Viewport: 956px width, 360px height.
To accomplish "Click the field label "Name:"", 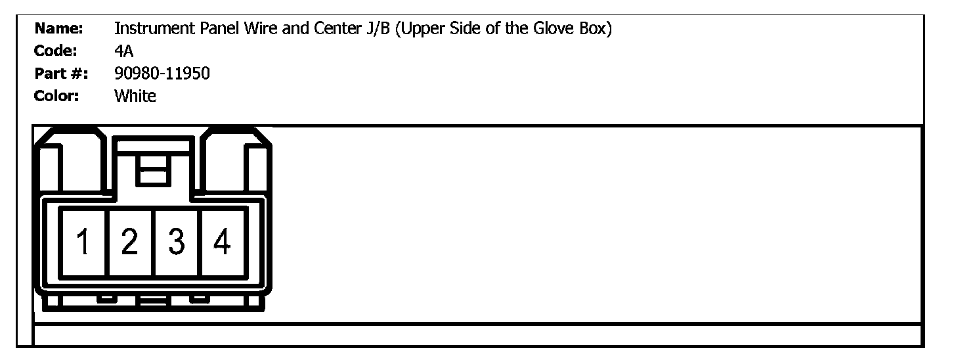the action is tap(58, 29).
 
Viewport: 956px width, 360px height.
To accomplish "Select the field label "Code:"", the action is tap(56, 51).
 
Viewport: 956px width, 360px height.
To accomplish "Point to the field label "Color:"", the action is tap(57, 96).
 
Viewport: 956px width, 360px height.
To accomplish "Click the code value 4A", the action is tap(123, 51).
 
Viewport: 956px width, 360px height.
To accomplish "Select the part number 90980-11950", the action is tap(162, 74).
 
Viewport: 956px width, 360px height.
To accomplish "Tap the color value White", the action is tap(135, 96).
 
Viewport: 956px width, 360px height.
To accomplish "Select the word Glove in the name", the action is tap(554, 29).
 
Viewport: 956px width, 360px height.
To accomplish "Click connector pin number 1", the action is tap(83, 242).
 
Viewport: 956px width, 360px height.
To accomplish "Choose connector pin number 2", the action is tap(130, 242).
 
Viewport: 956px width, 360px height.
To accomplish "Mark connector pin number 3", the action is tap(176, 242).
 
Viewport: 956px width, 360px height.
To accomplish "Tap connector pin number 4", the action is tap(223, 242).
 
